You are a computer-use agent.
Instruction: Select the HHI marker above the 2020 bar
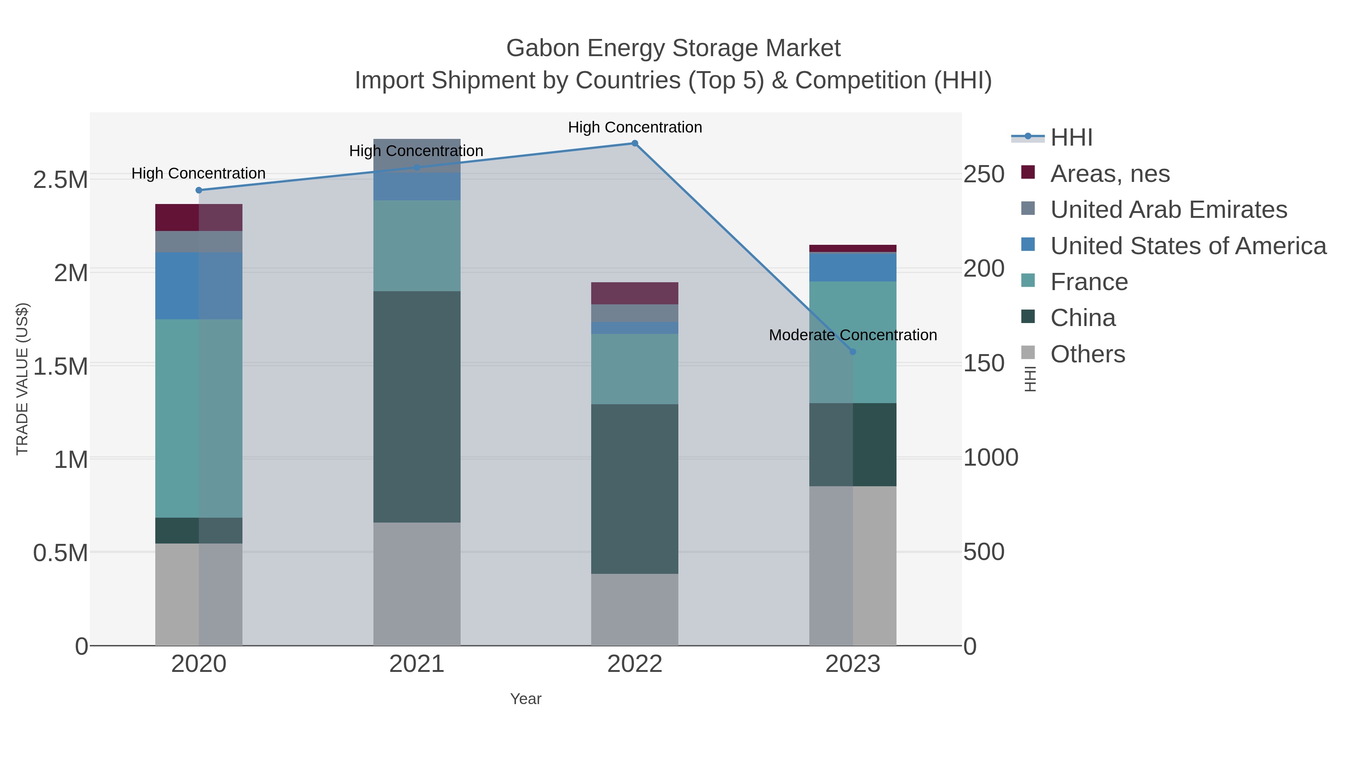(x=199, y=191)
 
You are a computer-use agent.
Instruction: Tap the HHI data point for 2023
(x=853, y=351)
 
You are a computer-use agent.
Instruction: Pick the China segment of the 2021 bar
(x=417, y=407)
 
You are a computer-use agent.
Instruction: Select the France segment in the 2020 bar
(x=199, y=418)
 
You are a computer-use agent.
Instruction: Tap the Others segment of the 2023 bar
(x=853, y=566)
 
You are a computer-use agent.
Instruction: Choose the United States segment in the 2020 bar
(x=199, y=286)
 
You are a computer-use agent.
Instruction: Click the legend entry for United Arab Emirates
(x=1168, y=210)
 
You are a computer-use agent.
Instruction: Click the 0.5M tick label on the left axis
(x=61, y=553)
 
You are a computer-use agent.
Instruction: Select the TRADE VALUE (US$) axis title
(x=22, y=379)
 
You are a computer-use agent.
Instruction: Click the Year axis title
(x=526, y=699)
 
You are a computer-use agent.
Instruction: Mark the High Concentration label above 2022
(x=635, y=128)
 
